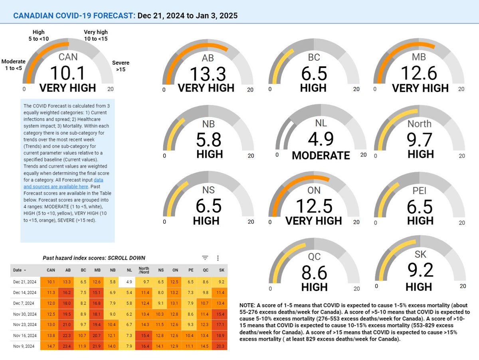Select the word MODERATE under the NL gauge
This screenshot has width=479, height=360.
click(321, 155)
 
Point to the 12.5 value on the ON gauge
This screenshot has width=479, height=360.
click(314, 206)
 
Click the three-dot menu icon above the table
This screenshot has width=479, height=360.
click(218, 258)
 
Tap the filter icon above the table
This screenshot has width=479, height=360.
click(205, 258)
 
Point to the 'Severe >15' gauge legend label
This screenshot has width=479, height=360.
click(121, 66)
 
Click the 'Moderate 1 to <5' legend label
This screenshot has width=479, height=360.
click(14, 65)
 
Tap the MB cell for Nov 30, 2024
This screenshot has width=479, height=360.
click(97, 313)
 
